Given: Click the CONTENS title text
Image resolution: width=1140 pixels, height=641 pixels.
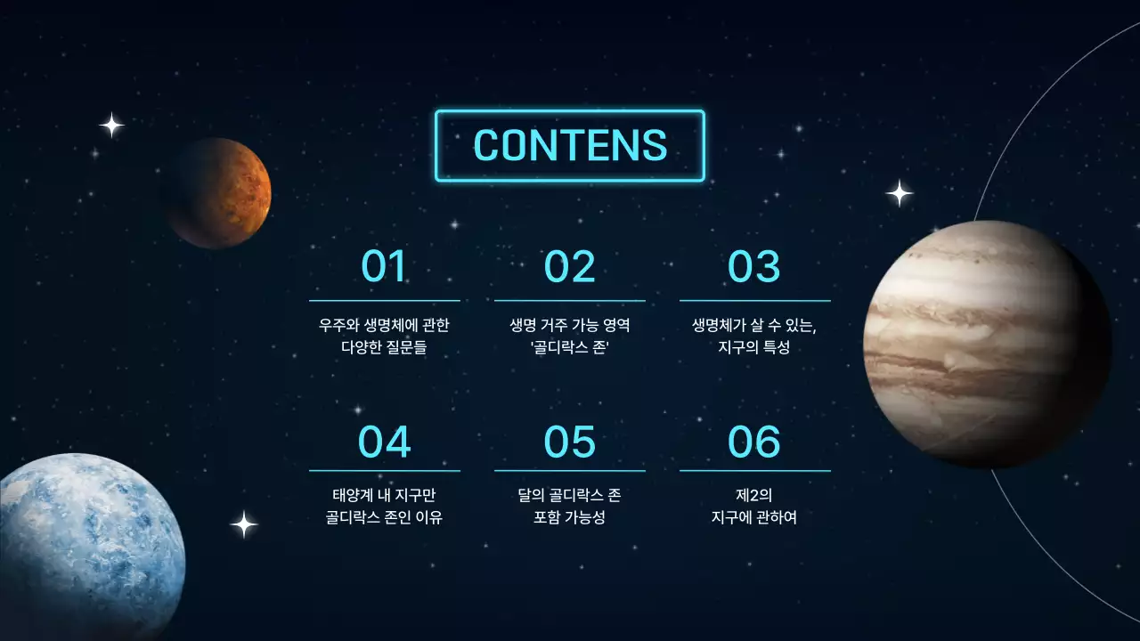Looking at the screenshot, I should click(570, 145).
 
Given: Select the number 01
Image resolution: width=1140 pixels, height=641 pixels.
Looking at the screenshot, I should click(384, 266).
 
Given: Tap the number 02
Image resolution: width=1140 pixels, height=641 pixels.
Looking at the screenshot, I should click(569, 266).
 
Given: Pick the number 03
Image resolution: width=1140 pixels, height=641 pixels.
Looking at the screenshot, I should click(754, 266).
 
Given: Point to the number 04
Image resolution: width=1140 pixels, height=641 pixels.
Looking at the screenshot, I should click(384, 442).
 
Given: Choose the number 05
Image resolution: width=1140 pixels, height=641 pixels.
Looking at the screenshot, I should click(569, 442).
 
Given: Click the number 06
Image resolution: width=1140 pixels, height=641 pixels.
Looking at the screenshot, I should click(754, 442).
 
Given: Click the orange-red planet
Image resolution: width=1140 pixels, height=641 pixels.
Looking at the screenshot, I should click(218, 192).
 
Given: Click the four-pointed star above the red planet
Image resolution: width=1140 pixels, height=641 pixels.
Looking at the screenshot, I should click(111, 125).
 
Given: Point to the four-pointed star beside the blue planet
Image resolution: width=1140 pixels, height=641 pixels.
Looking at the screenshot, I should click(244, 524).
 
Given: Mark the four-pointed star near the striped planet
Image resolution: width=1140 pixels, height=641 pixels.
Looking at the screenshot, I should click(900, 193).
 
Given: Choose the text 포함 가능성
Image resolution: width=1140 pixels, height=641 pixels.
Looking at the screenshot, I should click(570, 517).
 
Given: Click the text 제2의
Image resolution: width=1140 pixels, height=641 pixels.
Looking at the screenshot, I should click(754, 494).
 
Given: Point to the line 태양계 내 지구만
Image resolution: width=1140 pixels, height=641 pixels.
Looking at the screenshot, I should click(384, 494).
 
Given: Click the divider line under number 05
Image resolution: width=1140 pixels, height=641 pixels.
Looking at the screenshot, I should click(570, 471).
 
